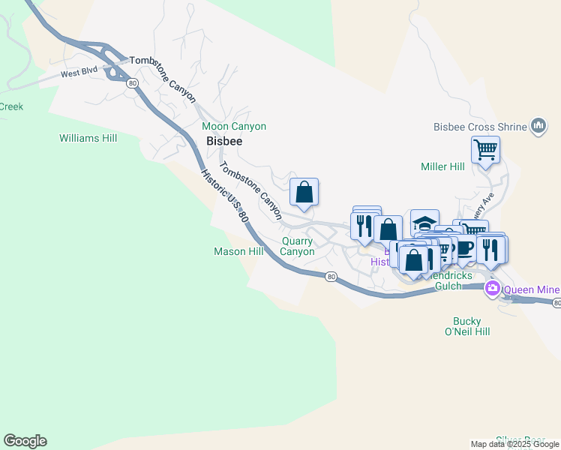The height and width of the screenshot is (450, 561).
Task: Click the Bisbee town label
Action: click(223, 141)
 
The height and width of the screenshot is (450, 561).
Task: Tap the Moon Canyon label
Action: click(234, 127)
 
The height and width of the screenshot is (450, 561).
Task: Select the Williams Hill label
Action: click(88, 138)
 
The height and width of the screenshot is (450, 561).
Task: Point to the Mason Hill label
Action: click(238, 251)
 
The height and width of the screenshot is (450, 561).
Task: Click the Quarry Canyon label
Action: click(298, 246)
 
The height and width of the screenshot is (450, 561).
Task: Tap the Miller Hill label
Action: click(443, 166)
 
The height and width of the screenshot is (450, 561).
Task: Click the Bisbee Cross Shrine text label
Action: click(480, 127)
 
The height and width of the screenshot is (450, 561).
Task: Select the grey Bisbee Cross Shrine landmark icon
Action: click(538, 127)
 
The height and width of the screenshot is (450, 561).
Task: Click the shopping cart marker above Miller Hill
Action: click(485, 150)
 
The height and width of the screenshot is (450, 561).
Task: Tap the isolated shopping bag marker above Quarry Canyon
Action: click(304, 192)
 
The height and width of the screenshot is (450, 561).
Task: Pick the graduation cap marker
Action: click(424, 223)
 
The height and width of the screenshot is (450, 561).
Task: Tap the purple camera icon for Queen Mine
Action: click(493, 289)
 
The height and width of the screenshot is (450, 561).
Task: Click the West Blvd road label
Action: click(81, 73)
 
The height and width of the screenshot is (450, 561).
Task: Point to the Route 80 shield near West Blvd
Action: click(132, 82)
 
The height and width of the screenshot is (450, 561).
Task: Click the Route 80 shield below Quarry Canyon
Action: click(331, 277)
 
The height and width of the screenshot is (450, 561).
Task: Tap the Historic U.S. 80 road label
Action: click(224, 198)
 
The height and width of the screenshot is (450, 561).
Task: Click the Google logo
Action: click(25, 441)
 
